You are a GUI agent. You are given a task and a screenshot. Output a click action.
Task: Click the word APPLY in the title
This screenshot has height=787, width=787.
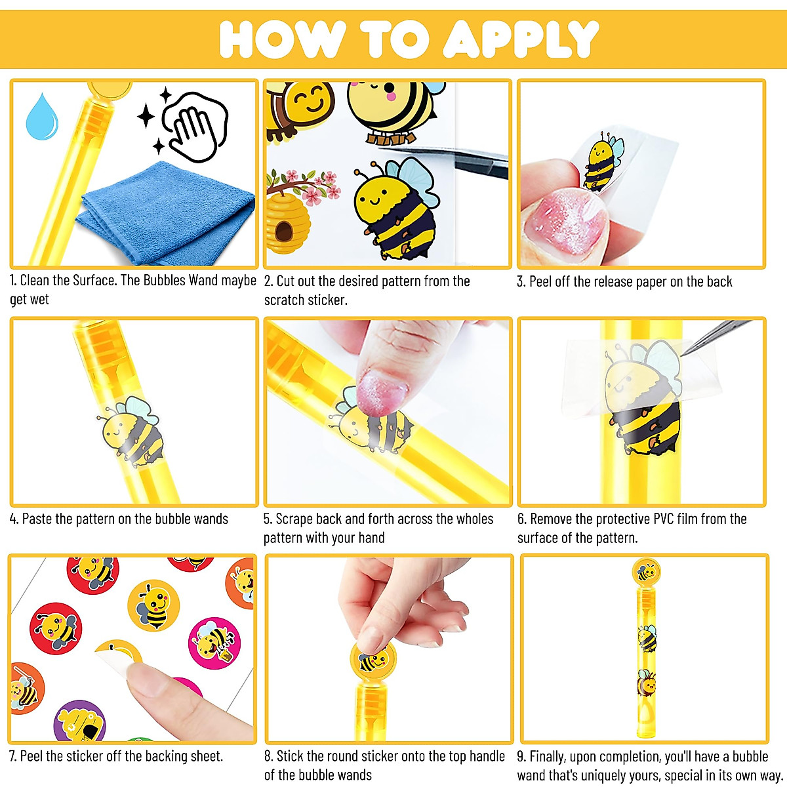tap(521, 39)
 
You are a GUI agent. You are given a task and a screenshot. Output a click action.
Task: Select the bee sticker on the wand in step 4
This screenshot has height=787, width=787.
tap(134, 433)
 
